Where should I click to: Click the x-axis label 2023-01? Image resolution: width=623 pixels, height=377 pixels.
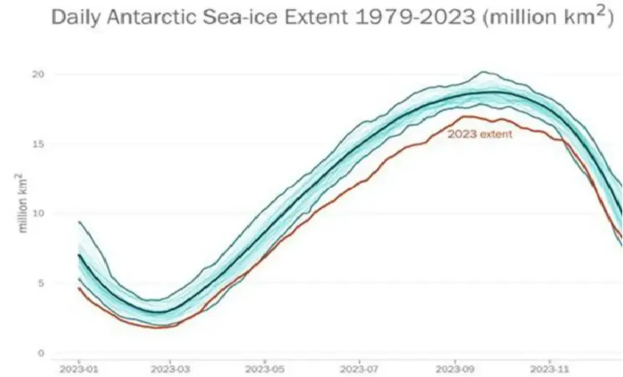pos(78,369)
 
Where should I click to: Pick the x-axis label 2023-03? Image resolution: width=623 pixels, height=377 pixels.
pos(171,369)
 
